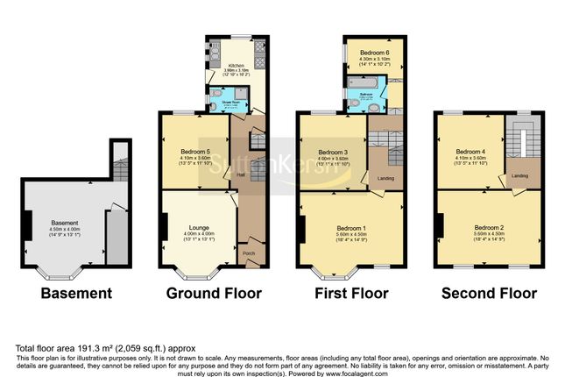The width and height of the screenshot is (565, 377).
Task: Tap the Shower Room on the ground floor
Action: [x=232, y=102]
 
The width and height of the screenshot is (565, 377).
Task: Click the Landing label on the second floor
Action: [x=519, y=174]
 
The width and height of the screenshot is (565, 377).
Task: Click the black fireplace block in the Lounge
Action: [x=163, y=227]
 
